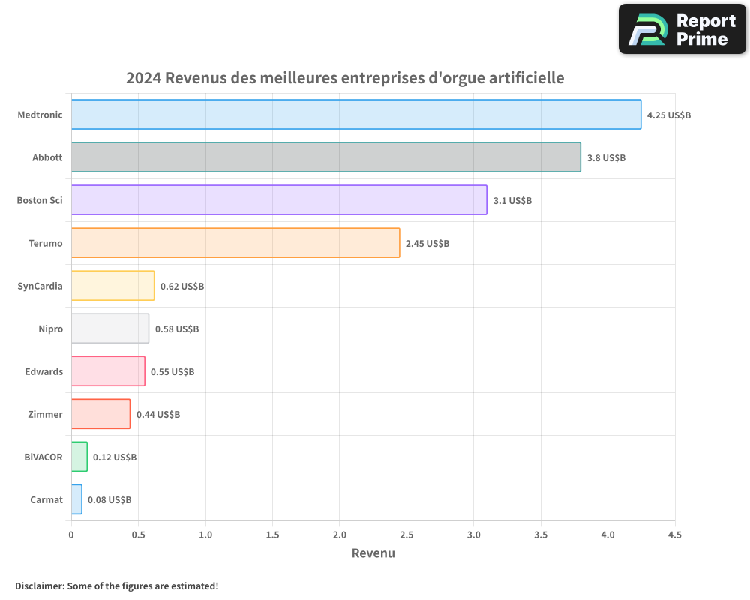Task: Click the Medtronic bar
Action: click(x=356, y=115)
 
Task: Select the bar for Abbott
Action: click(x=326, y=157)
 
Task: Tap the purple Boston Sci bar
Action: click(x=279, y=200)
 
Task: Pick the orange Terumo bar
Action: click(x=235, y=243)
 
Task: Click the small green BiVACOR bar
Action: click(x=79, y=457)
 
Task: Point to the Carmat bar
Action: click(x=76, y=499)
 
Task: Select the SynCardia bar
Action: click(x=112, y=286)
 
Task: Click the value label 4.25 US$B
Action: click(x=669, y=115)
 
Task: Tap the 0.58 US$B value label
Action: click(x=177, y=329)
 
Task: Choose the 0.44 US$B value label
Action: click(x=158, y=415)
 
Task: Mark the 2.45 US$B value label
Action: click(x=427, y=244)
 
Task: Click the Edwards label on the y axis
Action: click(x=44, y=372)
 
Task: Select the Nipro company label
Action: click(x=50, y=329)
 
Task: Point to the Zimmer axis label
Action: click(x=46, y=415)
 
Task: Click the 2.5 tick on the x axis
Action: click(x=406, y=535)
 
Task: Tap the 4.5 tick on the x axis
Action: click(x=675, y=535)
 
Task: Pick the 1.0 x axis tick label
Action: click(x=205, y=535)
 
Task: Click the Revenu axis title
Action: click(x=373, y=553)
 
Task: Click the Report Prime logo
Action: click(x=682, y=29)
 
